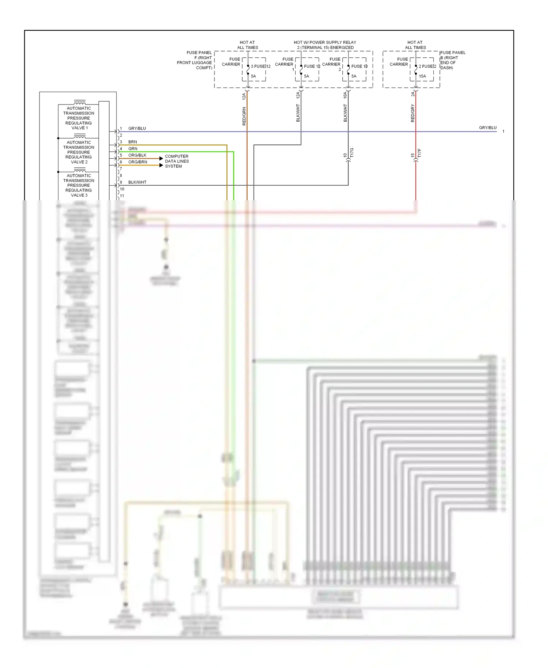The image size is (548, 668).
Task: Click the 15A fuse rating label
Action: (422, 76)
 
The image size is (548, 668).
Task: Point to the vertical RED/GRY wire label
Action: (412, 113)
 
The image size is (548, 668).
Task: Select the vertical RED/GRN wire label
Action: (244, 116)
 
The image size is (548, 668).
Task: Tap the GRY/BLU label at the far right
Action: (488, 128)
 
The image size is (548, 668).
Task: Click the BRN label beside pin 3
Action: (133, 142)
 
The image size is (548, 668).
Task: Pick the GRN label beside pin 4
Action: (133, 149)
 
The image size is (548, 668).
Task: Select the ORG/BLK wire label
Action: (137, 155)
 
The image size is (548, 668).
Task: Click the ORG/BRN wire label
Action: (138, 162)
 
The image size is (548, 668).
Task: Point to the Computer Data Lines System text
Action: (177, 161)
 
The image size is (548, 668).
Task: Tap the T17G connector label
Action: (352, 153)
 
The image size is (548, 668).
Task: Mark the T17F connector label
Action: (419, 153)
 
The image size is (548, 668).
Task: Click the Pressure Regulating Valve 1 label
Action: (79, 118)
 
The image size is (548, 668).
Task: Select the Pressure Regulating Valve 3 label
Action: (79, 185)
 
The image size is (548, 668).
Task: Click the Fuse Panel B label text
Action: (453, 60)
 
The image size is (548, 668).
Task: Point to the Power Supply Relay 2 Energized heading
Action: (325, 45)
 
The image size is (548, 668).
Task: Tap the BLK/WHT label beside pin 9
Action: (137, 182)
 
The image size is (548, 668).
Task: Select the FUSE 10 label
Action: (359, 67)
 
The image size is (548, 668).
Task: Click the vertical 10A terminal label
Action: (345, 95)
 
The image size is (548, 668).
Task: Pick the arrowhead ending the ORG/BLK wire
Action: (161, 159)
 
